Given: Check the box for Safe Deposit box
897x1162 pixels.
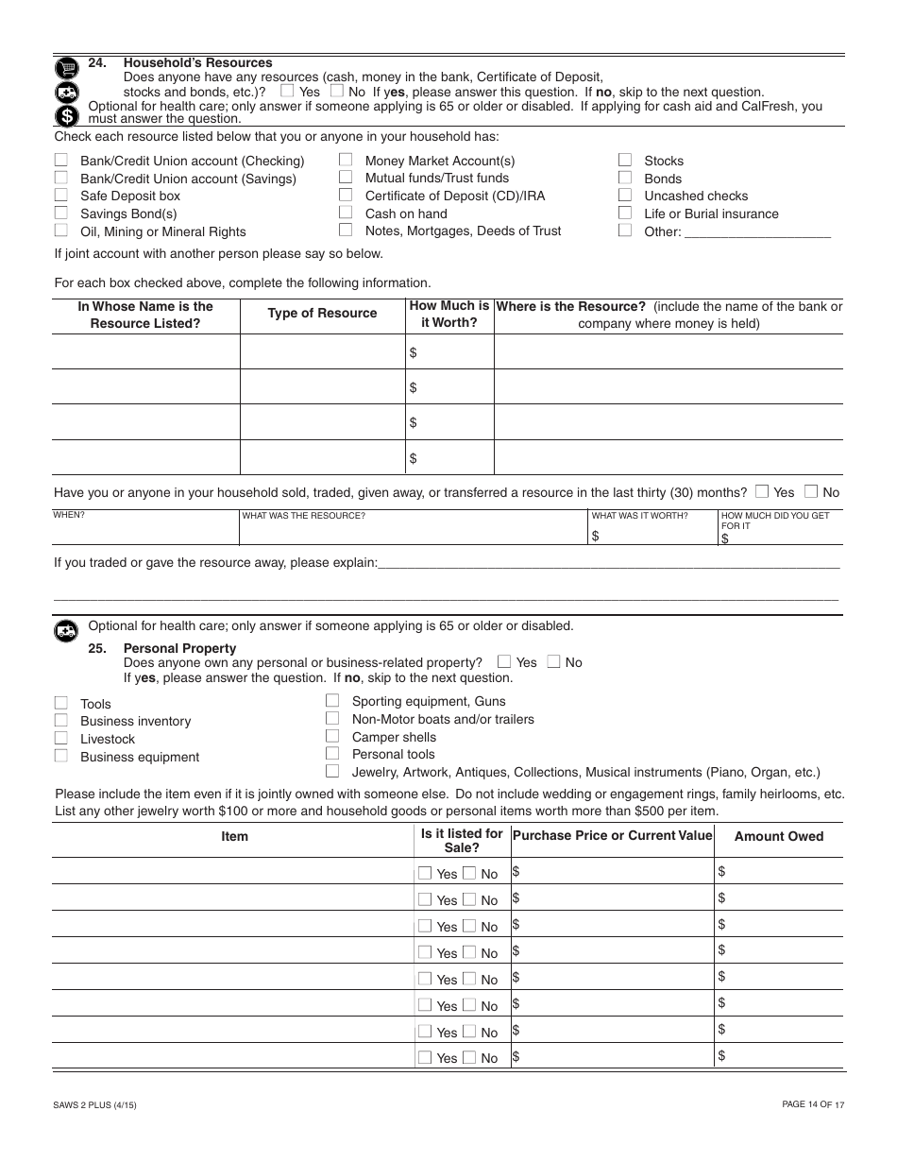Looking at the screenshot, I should point(61,195).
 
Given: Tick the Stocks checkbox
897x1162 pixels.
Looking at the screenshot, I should point(625,160).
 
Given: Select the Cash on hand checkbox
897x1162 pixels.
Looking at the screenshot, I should point(347,213).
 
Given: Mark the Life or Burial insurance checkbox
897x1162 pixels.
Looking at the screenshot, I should point(625,213).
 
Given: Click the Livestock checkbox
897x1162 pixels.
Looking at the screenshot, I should point(61,738).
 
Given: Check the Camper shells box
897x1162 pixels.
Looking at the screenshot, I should point(332,736).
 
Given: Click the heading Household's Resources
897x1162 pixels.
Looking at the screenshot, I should point(197,63).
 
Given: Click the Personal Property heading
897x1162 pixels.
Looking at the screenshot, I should point(179,648).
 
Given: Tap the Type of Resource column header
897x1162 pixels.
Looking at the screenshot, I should point(322,314).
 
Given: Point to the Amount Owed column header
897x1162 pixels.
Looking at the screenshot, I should point(778,836).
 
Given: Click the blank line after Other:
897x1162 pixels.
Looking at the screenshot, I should point(757,231).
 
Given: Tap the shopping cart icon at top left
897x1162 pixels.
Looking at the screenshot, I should point(66,68).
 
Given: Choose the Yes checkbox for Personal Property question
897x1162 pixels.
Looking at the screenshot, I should point(505,661).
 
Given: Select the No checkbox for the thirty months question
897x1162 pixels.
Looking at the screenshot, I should point(811,491).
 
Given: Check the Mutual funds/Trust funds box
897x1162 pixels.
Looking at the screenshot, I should point(347,177).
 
